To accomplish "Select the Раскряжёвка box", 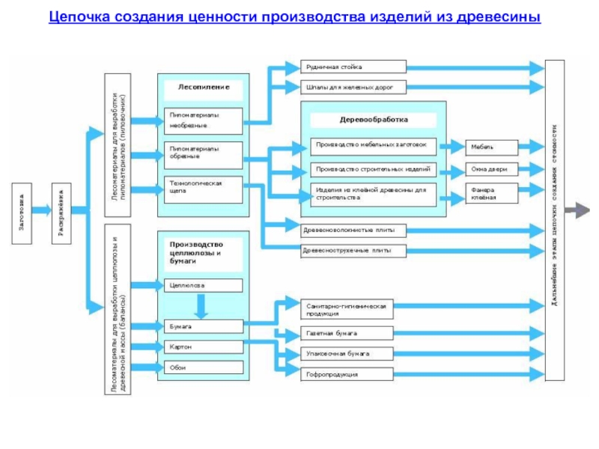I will tap(62, 213).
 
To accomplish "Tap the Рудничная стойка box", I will tap(353, 67).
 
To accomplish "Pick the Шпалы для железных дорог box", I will tap(353, 88).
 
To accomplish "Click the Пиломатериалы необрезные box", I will tap(204, 120).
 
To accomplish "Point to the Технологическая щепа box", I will tap(204, 189).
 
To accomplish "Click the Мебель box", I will tap(491, 146).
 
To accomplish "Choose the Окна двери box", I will tap(491, 169).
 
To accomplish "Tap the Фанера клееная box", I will tap(491, 194).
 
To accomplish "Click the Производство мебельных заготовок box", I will tap(374, 146).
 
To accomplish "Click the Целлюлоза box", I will tap(204, 285).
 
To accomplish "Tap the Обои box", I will tap(204, 367).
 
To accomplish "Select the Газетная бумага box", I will tap(347, 333).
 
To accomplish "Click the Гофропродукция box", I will tap(347, 373).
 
